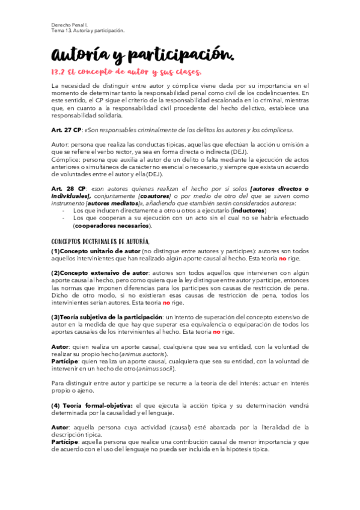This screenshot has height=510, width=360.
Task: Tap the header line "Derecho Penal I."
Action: (68, 25)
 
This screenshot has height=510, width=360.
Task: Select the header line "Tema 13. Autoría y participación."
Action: (87, 31)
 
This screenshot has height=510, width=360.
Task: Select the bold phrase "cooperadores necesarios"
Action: (112, 226)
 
